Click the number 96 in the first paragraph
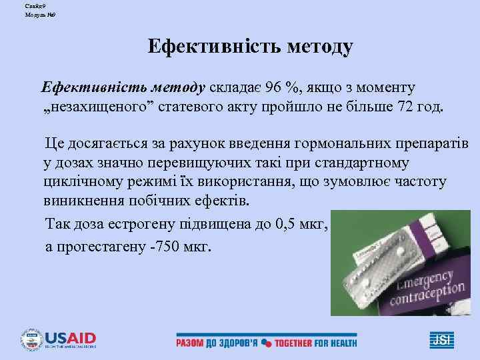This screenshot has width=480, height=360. pos(273,88)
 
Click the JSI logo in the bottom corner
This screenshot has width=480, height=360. pos(441,339)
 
